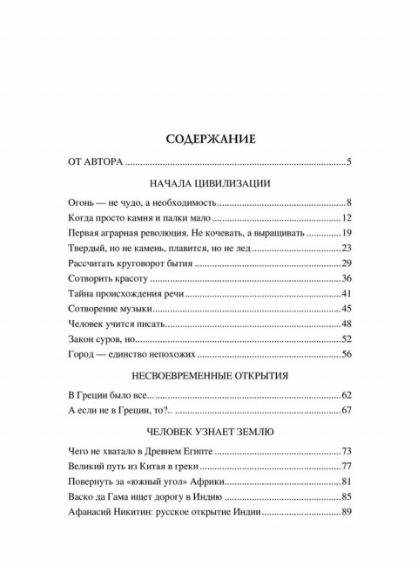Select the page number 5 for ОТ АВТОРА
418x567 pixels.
tap(347, 161)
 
